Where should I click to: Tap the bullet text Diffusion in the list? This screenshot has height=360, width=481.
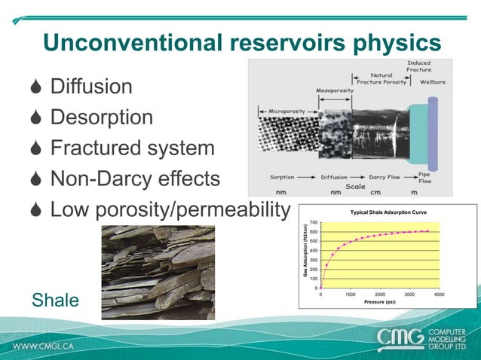pos(90,86)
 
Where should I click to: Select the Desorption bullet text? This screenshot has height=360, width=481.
pos(101,117)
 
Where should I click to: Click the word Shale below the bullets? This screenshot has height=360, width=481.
pos(55,301)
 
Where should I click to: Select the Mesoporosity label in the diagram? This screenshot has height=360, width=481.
pos(335,90)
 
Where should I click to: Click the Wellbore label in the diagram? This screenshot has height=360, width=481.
pos(436,82)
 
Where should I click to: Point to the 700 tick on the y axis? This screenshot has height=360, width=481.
pos(314,223)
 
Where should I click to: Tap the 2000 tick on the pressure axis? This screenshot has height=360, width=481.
pos(379,294)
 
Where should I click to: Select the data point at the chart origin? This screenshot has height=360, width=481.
pos(321,288)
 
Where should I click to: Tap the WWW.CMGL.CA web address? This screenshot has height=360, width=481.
pos(42,347)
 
